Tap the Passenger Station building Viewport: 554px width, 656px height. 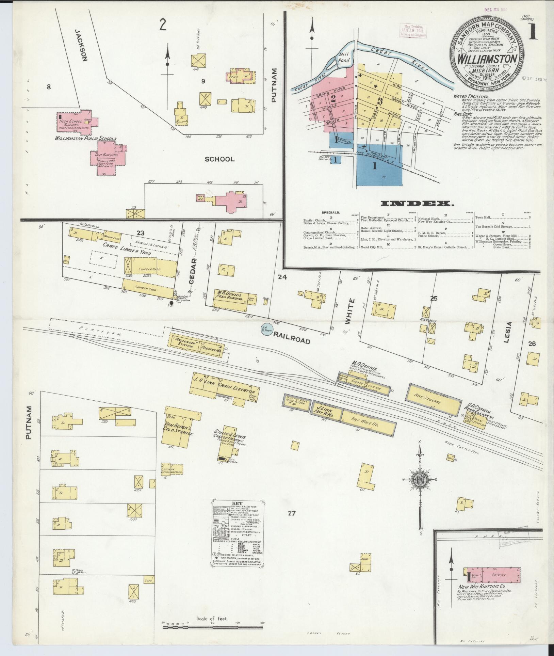[185, 342]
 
